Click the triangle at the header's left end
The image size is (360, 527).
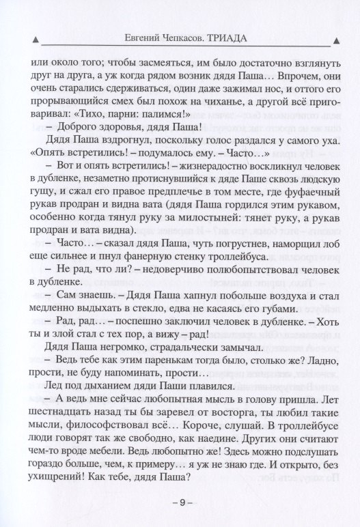(35, 39)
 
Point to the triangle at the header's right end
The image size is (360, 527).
(326, 39)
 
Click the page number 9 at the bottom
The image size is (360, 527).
(180, 502)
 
